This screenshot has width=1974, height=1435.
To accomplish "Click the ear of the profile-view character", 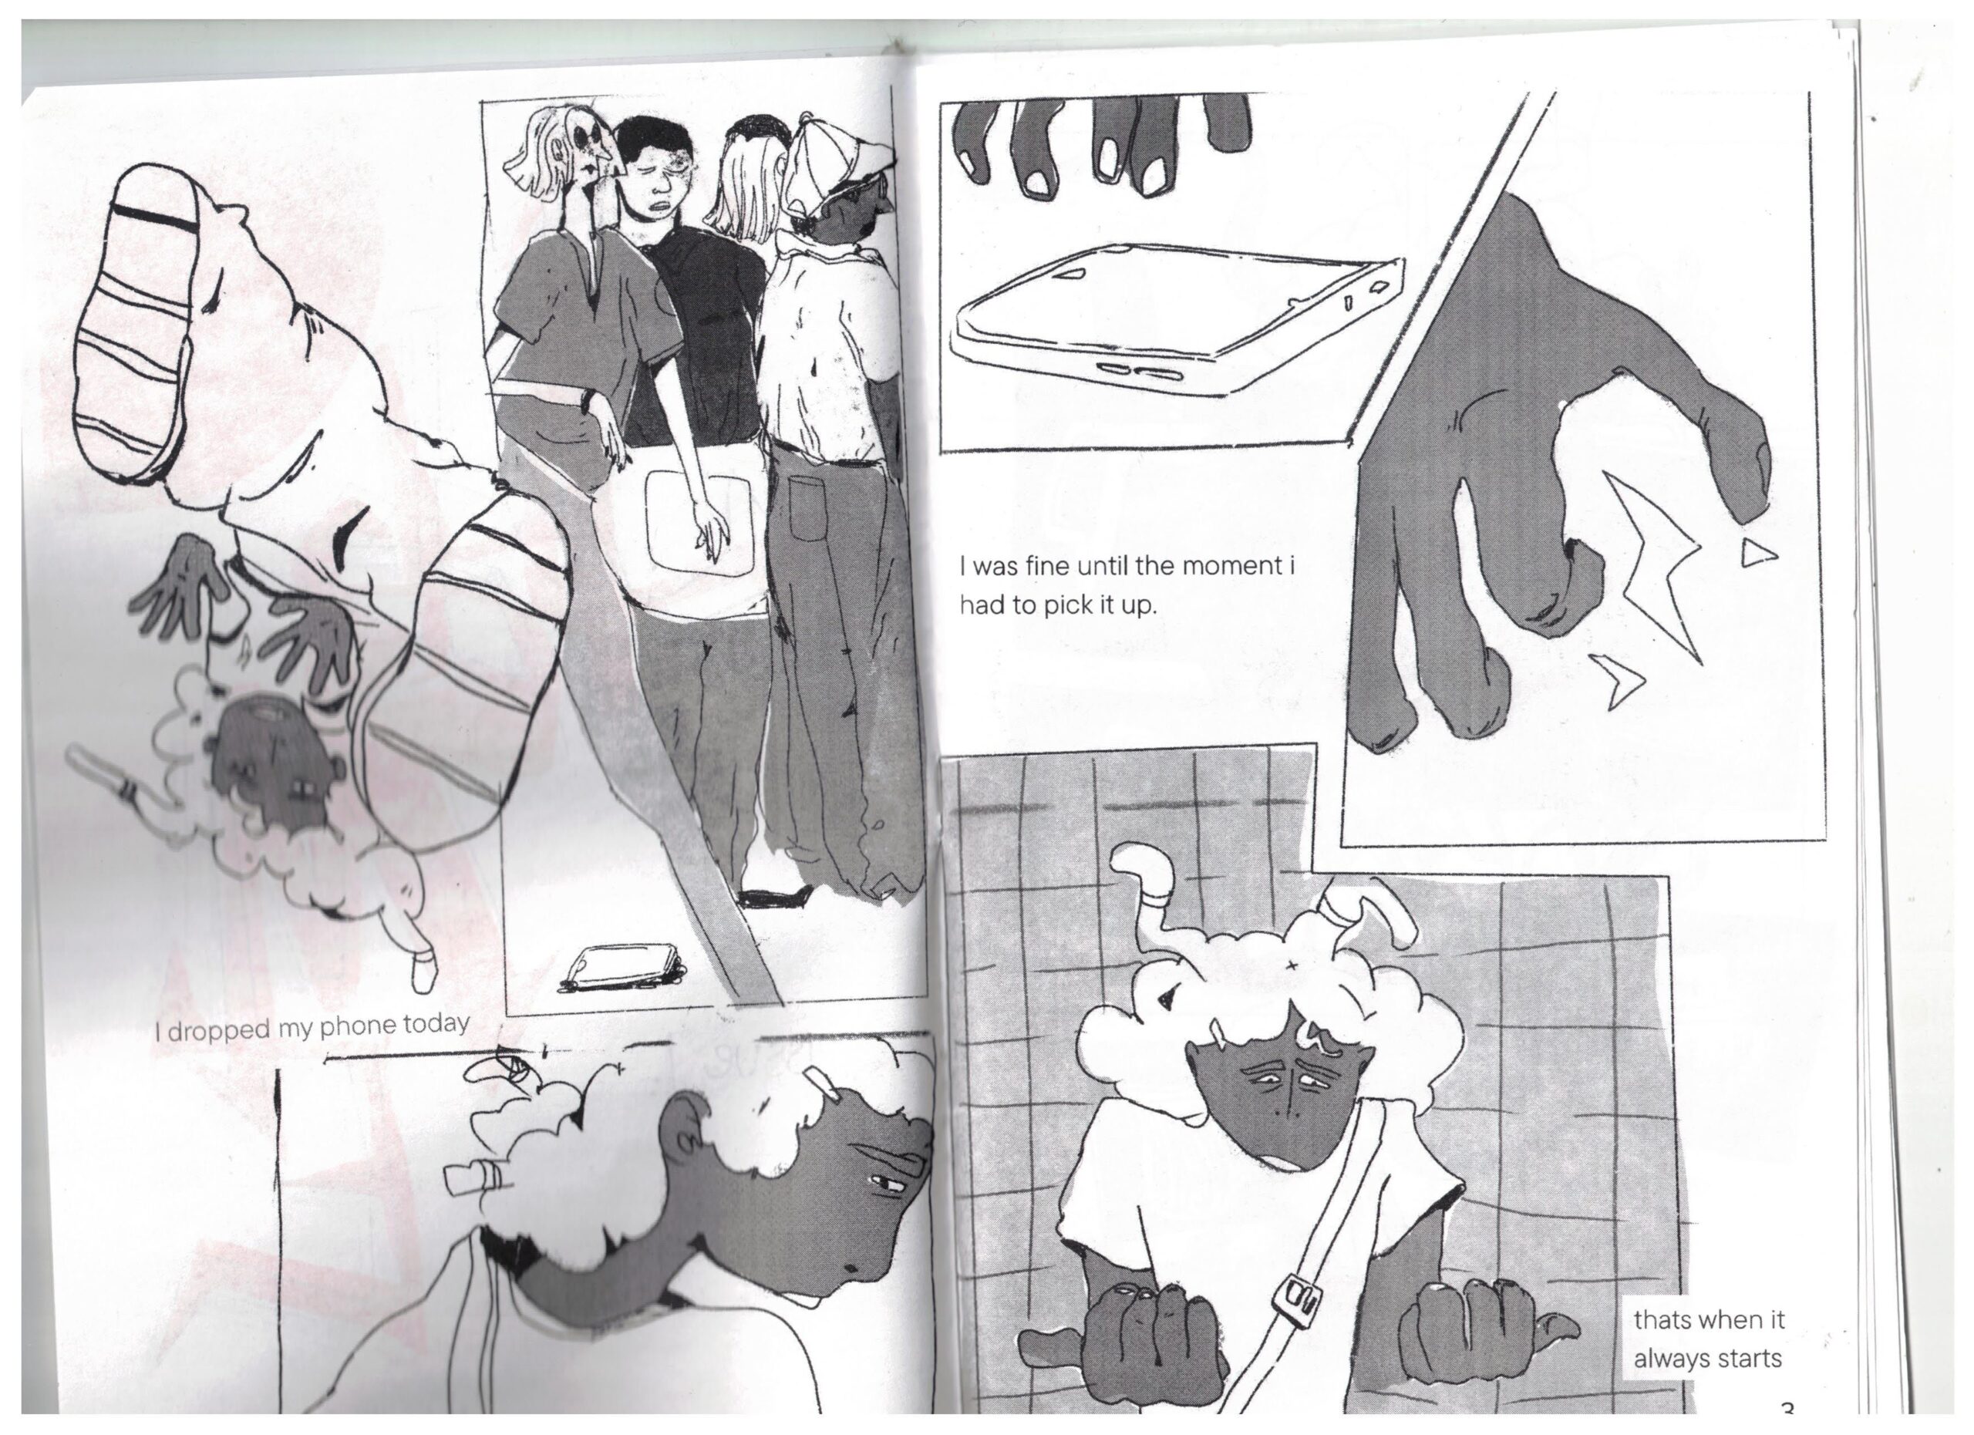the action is click(x=684, y=1130).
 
